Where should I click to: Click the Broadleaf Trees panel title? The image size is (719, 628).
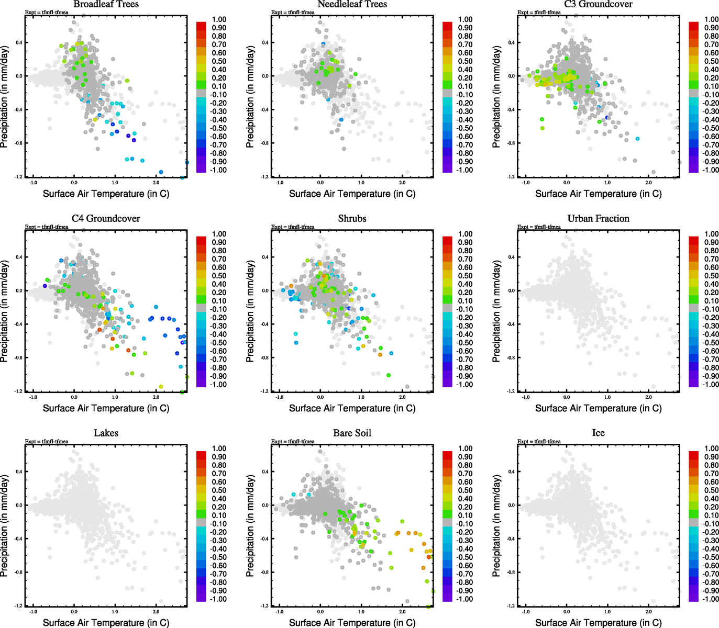pos(106,4)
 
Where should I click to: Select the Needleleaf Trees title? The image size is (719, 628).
pos(352,4)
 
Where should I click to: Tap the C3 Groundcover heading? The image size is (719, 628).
pos(598,4)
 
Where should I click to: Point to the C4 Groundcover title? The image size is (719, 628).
pos(106,219)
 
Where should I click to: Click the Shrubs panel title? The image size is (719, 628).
pos(352,219)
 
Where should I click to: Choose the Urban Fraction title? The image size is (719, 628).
pos(598,219)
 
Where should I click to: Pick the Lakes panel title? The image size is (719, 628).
pos(106,433)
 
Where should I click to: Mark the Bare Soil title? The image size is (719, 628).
pos(352,433)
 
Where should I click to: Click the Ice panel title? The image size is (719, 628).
pos(598,433)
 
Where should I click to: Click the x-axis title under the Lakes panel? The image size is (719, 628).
pos(106,623)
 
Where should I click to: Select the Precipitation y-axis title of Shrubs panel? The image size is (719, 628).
pos(250,311)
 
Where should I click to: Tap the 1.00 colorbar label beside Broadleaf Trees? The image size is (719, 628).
pos(219,19)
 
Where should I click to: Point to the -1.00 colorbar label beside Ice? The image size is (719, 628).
pos(710,599)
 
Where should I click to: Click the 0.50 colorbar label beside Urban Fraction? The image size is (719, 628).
pos(711,276)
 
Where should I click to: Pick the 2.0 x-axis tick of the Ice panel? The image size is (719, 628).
pos(648,612)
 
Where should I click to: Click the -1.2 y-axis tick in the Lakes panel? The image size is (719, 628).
pos(18,605)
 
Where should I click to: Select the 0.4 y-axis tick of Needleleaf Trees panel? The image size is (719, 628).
pos(265,43)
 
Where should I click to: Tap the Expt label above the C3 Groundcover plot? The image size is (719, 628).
pos(539,13)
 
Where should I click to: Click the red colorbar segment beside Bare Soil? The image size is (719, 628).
pos(447,454)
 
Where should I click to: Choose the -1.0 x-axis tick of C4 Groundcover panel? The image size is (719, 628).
pos(33,397)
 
